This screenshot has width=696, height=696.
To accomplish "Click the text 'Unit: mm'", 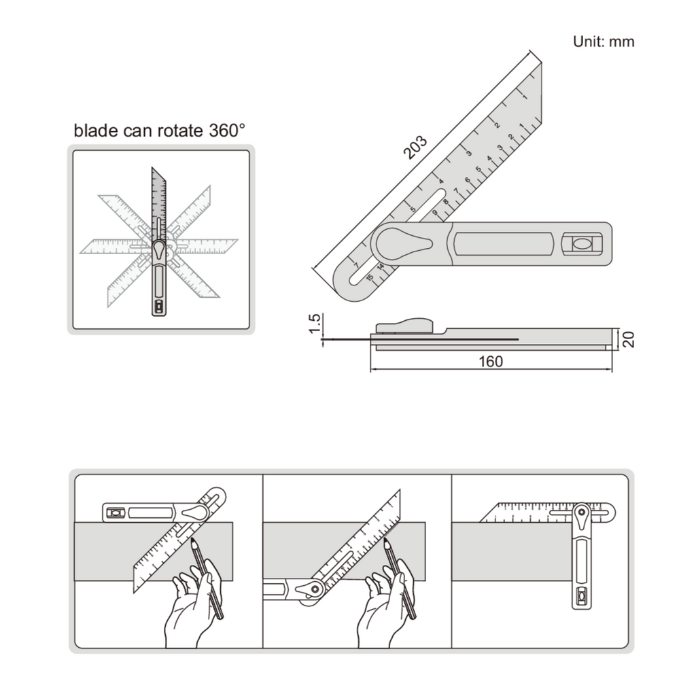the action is pyautogui.click(x=604, y=41).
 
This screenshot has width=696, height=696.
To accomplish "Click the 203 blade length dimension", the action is pyautogui.click(x=415, y=147).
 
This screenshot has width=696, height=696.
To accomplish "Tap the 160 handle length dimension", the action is pyautogui.click(x=491, y=362).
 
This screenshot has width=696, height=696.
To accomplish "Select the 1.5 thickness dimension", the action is pyautogui.click(x=314, y=323).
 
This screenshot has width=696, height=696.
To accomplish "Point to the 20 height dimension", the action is pyautogui.click(x=628, y=340).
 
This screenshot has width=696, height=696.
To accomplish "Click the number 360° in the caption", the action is pyautogui.click(x=227, y=130).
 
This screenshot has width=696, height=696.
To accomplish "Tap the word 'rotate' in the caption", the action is pyautogui.click(x=182, y=131).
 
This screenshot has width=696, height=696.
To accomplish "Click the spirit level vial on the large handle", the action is pyautogui.click(x=582, y=244).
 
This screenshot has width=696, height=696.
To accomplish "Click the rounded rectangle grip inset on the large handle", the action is pyautogui.click(x=504, y=244).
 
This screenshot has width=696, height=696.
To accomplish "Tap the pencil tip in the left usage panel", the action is pyautogui.click(x=193, y=541).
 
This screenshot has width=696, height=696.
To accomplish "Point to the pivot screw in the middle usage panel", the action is pyautogui.click(x=315, y=589).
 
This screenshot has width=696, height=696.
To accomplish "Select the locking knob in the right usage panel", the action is pyautogui.click(x=582, y=517).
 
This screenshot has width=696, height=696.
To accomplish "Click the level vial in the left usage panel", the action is pyautogui.click(x=114, y=512).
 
